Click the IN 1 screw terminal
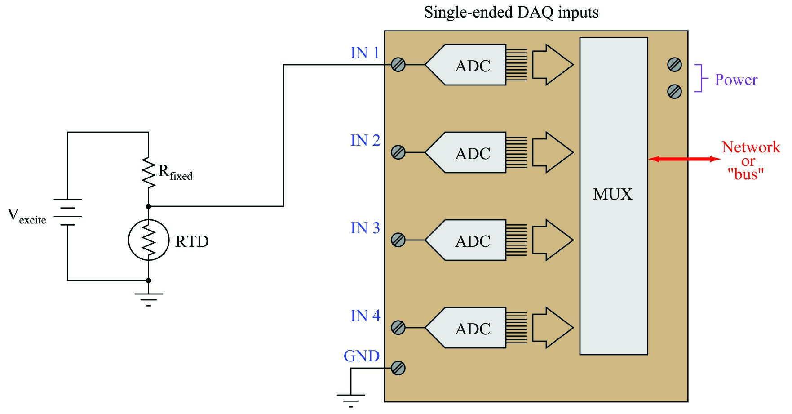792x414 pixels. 398,65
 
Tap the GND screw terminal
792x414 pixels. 398,368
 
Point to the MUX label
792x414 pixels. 612,194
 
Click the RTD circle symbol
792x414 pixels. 149,240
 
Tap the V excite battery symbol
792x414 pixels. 68,212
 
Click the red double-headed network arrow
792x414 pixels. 684,159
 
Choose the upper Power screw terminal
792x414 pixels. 674,65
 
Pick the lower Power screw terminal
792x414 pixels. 674,92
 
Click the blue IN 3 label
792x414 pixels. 365,228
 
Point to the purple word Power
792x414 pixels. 736,80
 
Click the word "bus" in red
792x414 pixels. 746,174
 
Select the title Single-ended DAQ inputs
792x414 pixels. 511,12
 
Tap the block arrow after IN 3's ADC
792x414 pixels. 553,240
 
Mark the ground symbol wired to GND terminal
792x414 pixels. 351,399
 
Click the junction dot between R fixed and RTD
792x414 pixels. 149,206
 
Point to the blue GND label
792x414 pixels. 361,356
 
